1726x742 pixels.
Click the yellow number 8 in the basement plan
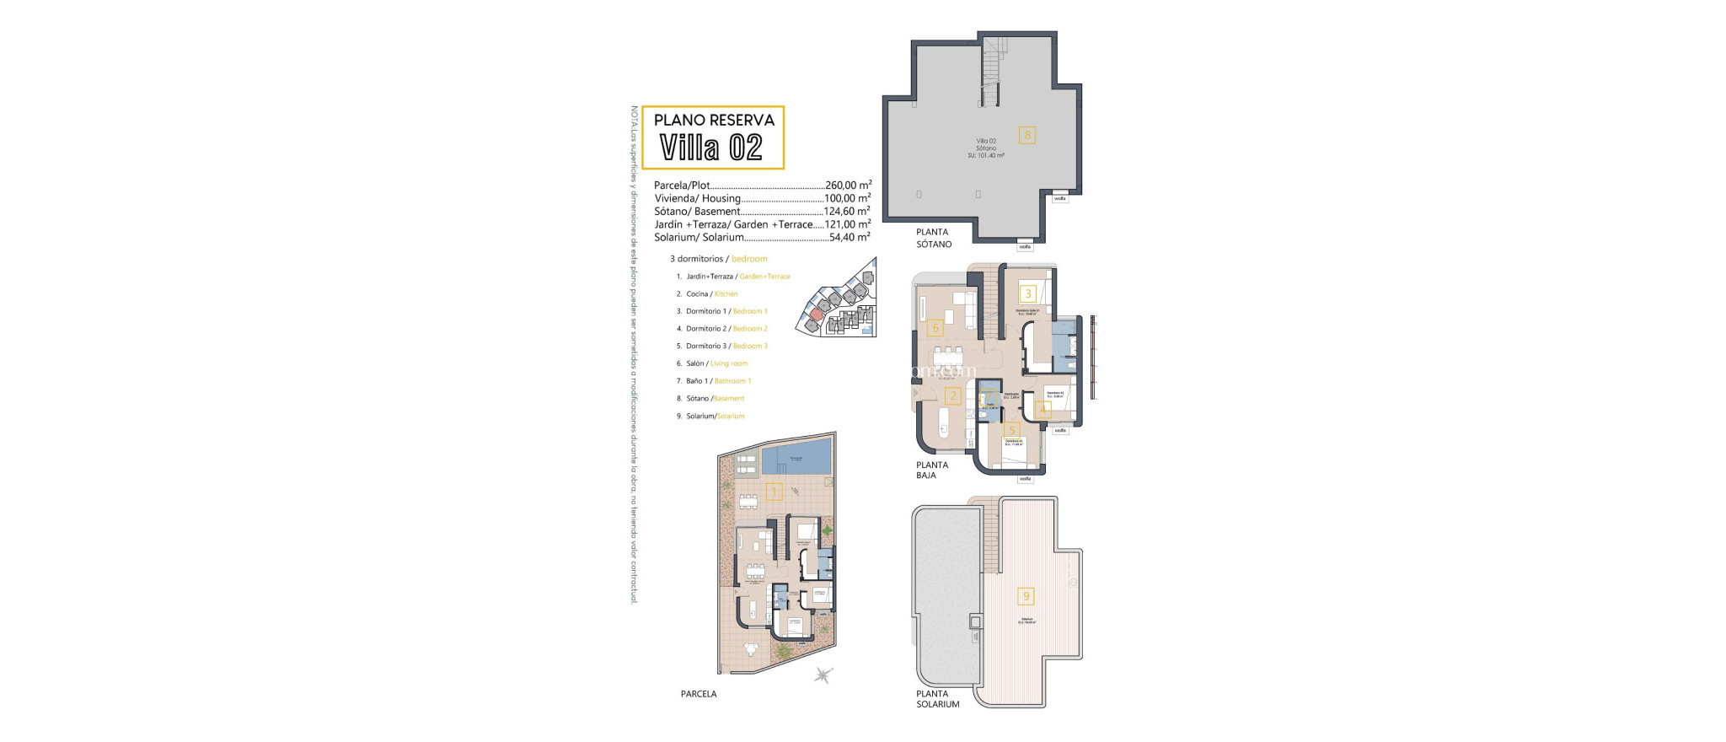1026,134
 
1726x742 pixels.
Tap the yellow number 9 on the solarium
1026,596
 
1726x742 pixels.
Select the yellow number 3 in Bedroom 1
1027,294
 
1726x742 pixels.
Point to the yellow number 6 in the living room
935,328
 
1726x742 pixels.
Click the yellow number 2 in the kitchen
952,396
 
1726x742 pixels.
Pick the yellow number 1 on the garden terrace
774,492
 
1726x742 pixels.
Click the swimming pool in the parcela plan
206,456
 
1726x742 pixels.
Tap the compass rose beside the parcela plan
823,675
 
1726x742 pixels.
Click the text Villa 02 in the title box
711,148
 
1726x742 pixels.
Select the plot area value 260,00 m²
848,185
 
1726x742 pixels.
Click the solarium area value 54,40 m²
850,238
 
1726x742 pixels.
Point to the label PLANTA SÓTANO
934,238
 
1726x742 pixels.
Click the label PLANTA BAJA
932,470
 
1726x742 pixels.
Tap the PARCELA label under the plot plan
699,694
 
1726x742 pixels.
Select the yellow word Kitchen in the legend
726,294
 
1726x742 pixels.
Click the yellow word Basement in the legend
729,399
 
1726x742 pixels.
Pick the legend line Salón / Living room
716,363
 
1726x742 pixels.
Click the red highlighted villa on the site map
815,315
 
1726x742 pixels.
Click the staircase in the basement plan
991,72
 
